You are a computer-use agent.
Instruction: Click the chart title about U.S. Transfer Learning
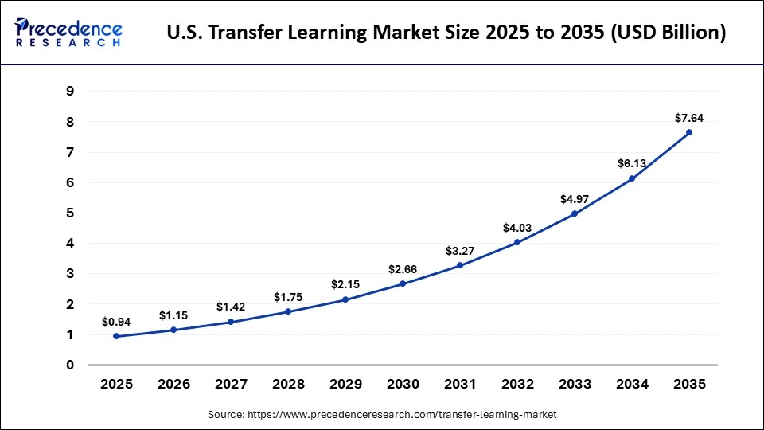pyautogui.click(x=446, y=33)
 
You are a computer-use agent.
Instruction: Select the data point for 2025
pyautogui.click(x=116, y=336)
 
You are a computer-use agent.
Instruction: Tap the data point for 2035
pyautogui.click(x=689, y=132)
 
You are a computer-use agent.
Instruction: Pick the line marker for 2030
pyautogui.click(x=403, y=283)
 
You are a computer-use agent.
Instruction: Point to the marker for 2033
pyautogui.click(x=575, y=213)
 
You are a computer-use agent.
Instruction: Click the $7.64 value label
pyautogui.click(x=689, y=118)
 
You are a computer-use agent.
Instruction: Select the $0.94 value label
pyautogui.click(x=116, y=322)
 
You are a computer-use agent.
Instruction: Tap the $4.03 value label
pyautogui.click(x=517, y=228)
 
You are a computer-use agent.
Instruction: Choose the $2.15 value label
pyautogui.click(x=345, y=285)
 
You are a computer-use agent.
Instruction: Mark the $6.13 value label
pyautogui.click(x=632, y=164)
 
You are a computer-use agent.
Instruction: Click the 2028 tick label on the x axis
pyautogui.click(x=288, y=384)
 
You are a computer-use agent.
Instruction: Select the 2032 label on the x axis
pyautogui.click(x=517, y=384)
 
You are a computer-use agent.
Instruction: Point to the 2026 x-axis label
pyautogui.click(x=173, y=384)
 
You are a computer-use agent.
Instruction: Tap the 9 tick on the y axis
pyautogui.click(x=70, y=91)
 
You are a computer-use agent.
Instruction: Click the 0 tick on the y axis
pyautogui.click(x=70, y=365)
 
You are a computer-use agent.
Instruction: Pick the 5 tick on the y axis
pyautogui.click(x=70, y=213)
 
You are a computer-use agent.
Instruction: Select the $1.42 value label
pyautogui.click(x=231, y=307)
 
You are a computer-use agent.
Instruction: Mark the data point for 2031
pyautogui.click(x=460, y=265)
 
